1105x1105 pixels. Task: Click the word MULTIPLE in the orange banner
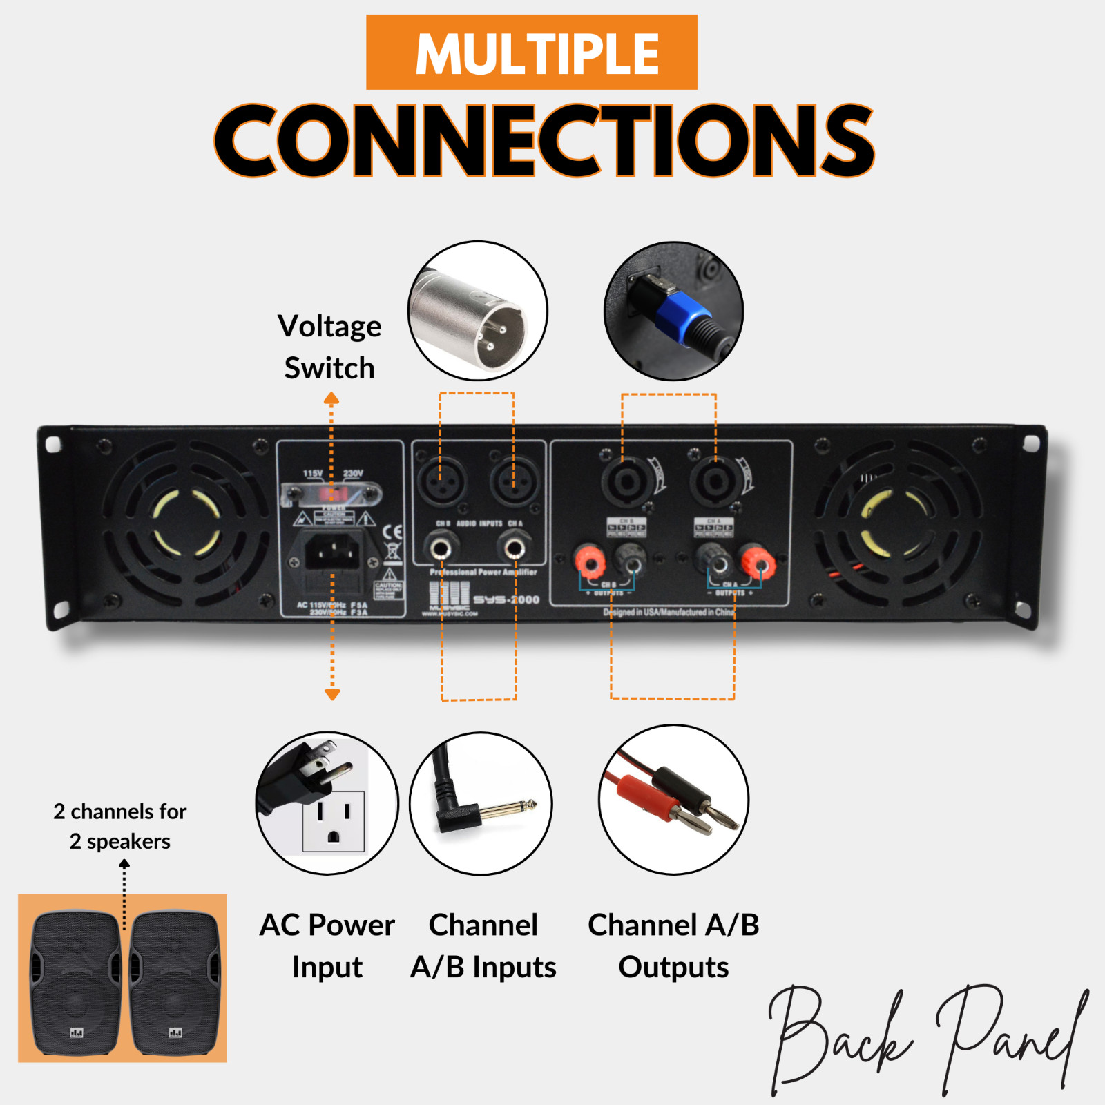[x=537, y=54]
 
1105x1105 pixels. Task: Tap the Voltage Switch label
[x=329, y=347]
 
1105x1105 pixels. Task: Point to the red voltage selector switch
[x=332, y=493]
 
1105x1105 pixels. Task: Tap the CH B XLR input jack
[x=440, y=479]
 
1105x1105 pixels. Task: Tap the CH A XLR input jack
[x=513, y=479]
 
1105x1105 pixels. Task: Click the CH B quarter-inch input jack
[x=440, y=550]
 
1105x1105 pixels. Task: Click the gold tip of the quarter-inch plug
[x=529, y=805]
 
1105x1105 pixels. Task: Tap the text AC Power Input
[x=327, y=945]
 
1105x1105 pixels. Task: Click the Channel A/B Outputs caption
[x=673, y=945]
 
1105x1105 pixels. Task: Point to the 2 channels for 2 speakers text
[x=120, y=826]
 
